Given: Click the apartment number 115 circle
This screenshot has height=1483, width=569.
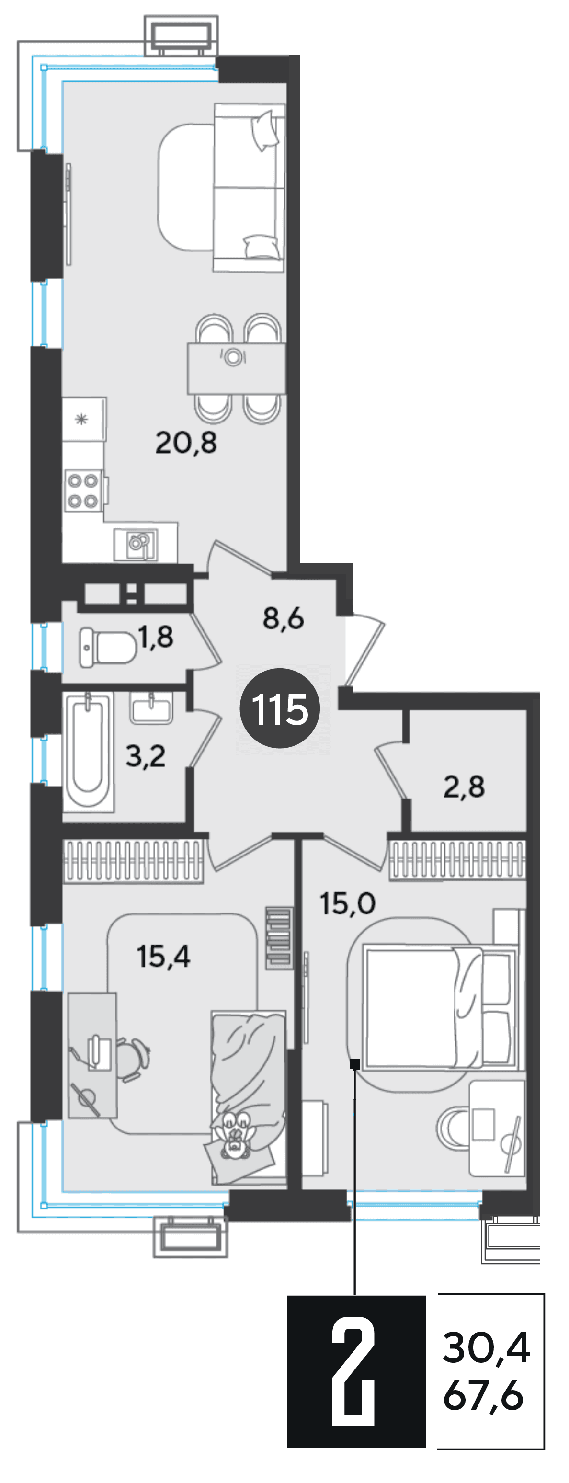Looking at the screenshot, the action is click(x=280, y=708).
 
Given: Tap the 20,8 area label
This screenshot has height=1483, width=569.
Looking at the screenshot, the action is click(x=186, y=443).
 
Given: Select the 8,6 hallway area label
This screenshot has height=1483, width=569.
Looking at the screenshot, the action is click(x=283, y=618).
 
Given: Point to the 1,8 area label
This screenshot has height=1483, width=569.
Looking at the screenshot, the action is click(x=156, y=637).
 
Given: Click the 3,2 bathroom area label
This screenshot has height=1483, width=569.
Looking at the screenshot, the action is click(x=146, y=756).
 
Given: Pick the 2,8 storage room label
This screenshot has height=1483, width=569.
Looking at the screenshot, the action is click(x=464, y=787).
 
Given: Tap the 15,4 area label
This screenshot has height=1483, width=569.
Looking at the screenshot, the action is click(x=163, y=956).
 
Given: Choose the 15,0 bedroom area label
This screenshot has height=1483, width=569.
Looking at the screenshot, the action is click(x=347, y=903).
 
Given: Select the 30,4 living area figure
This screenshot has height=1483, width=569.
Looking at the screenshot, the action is click(x=486, y=1348).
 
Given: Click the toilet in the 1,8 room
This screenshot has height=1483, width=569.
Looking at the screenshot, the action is click(x=108, y=647).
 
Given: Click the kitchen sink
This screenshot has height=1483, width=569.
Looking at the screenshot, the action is click(x=136, y=544).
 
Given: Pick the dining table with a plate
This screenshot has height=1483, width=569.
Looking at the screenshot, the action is click(x=236, y=368).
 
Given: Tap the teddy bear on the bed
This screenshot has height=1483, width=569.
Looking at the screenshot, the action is click(x=234, y=1135).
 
